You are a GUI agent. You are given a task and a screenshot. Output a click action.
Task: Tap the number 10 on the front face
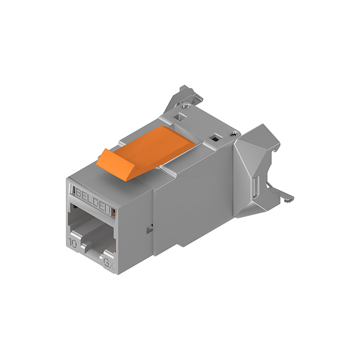[73, 244]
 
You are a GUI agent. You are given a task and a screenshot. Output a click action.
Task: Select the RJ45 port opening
[90, 231]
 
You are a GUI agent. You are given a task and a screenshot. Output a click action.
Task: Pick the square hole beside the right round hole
[214, 137]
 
